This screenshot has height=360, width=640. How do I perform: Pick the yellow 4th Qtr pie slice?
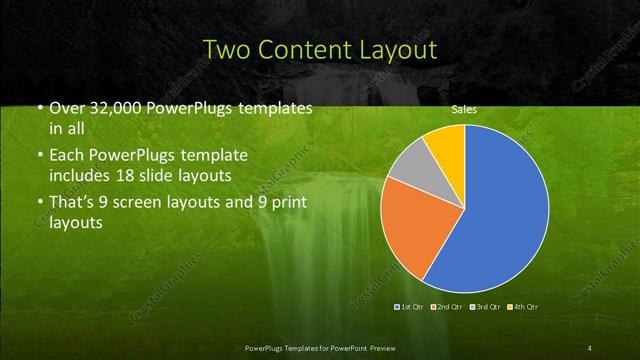click(446, 144)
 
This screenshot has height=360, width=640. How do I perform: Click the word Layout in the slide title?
click(394, 49)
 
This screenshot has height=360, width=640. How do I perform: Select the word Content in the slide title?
click(301, 49)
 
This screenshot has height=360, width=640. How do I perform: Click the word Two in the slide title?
click(226, 49)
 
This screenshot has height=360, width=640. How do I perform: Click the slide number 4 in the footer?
click(590, 347)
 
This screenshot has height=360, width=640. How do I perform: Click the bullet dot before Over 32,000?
click(38, 108)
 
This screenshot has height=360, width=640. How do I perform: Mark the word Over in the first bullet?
click(67, 107)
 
